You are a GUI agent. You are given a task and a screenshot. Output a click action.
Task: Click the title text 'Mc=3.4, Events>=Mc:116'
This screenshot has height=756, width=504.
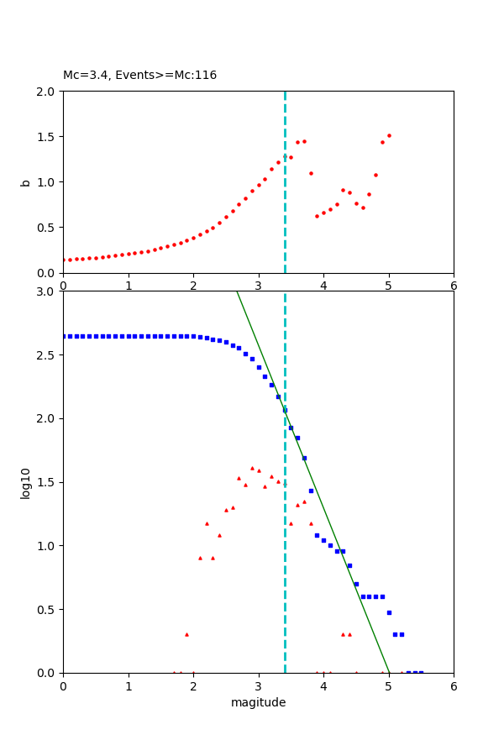139,75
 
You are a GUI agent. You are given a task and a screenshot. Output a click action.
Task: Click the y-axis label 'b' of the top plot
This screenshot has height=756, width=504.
25,182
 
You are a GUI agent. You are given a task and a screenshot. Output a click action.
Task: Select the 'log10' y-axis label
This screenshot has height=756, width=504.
25,482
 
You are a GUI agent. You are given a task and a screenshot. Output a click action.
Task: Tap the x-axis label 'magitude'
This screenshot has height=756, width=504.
258,702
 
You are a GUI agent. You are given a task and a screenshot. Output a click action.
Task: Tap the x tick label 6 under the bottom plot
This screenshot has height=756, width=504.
454,685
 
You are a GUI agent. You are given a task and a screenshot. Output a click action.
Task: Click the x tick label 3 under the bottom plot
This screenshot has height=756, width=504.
258,685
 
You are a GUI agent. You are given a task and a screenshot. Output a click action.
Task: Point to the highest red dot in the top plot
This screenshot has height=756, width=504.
389,135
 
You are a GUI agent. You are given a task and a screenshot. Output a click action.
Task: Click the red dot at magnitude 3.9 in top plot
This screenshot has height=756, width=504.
317,216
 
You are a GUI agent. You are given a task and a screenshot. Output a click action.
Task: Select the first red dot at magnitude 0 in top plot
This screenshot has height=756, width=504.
64,260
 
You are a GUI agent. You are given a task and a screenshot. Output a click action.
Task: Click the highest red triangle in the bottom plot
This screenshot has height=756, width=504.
252,468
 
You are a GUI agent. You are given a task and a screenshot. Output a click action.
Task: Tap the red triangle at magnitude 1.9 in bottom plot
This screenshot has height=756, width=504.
186,634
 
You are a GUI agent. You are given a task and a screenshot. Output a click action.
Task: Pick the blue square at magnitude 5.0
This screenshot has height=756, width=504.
389,612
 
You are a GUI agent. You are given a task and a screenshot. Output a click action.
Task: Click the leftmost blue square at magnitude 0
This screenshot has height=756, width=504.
64,336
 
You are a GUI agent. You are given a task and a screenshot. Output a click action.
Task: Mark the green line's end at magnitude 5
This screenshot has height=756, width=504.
389,672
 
